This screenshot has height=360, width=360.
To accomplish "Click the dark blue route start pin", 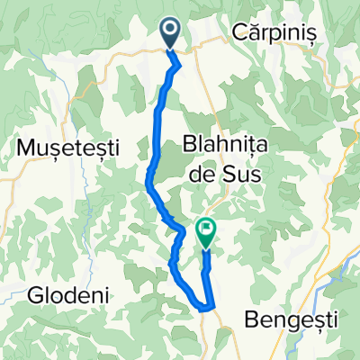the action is [172, 35].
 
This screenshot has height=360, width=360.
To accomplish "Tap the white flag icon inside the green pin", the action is [206, 229].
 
